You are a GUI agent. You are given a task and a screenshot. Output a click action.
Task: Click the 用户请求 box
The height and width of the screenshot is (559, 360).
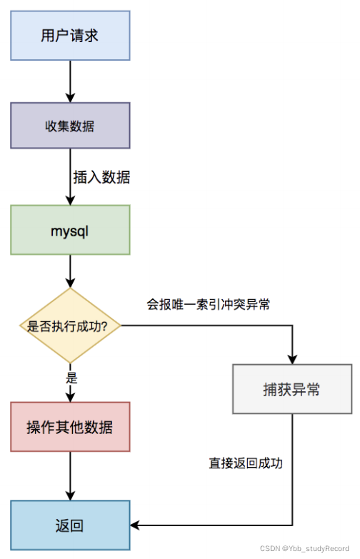[70, 35]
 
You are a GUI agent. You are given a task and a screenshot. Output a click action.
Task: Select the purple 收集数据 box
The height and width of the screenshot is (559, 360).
[70, 126]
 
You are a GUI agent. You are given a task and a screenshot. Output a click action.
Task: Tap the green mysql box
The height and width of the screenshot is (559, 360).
[70, 230]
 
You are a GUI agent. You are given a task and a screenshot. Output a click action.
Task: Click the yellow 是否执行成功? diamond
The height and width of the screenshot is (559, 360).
[70, 326]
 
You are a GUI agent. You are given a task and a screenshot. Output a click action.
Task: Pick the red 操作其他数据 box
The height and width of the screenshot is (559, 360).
[70, 428]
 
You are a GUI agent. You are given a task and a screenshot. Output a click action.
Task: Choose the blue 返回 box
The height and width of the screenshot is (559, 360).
[70, 526]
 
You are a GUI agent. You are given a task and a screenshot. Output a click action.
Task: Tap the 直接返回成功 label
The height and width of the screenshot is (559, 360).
[246, 463]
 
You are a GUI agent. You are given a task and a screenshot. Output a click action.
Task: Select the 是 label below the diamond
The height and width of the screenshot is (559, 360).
[71, 378]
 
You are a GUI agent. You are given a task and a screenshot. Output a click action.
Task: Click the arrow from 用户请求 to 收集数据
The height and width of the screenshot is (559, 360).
[70, 81]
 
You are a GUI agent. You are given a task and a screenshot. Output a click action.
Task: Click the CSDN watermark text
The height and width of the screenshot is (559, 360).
[308, 548]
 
